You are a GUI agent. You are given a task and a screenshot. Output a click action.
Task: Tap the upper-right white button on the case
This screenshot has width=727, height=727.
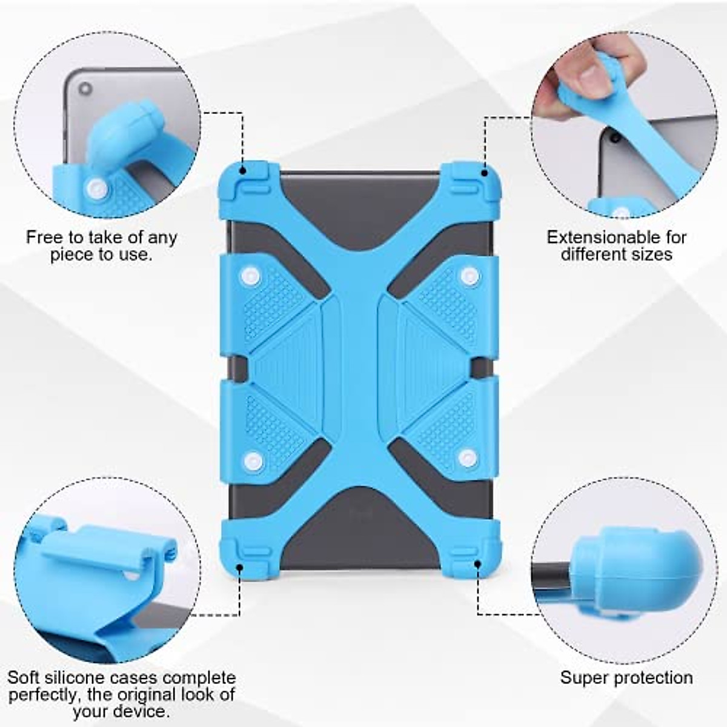coord(468,276)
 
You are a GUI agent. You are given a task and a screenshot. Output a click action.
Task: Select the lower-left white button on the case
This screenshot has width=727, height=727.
coord(254,462)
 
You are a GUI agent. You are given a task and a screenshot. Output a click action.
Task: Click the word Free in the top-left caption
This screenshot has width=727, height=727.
coord(44,237)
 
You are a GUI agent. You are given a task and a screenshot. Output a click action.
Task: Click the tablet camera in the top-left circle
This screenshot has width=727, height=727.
coord(85,89)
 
